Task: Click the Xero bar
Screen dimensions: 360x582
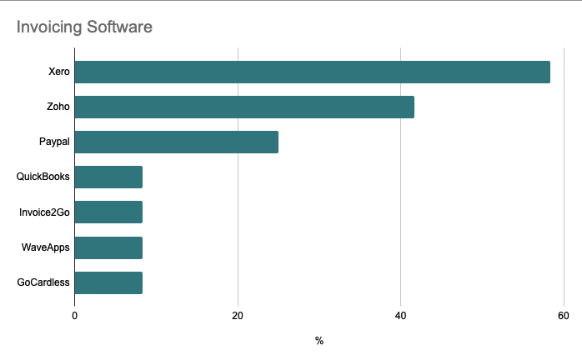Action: click(x=313, y=72)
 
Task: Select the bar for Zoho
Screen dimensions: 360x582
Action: click(x=244, y=107)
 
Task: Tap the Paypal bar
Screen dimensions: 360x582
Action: click(x=177, y=142)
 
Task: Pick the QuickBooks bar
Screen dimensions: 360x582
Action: click(x=108, y=177)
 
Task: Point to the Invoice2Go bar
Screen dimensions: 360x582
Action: click(x=108, y=212)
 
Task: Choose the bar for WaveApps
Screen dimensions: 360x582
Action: click(x=108, y=247)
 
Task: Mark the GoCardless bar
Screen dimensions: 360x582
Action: click(x=108, y=283)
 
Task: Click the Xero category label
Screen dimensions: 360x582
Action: click(x=59, y=72)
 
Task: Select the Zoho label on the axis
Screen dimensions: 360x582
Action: click(x=58, y=107)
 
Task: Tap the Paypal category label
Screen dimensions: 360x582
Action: click(x=54, y=142)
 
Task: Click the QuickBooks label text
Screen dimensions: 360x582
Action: click(x=43, y=177)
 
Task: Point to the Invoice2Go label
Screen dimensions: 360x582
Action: click(x=45, y=212)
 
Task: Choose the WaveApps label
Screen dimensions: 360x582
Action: click(x=46, y=247)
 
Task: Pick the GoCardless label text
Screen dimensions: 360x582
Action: click(x=43, y=283)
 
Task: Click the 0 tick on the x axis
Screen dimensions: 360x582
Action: click(x=75, y=316)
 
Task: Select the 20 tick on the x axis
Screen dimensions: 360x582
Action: click(x=238, y=316)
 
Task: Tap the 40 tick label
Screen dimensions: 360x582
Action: click(x=400, y=316)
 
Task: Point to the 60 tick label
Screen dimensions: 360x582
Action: click(x=564, y=316)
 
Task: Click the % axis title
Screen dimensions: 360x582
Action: click(x=319, y=341)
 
